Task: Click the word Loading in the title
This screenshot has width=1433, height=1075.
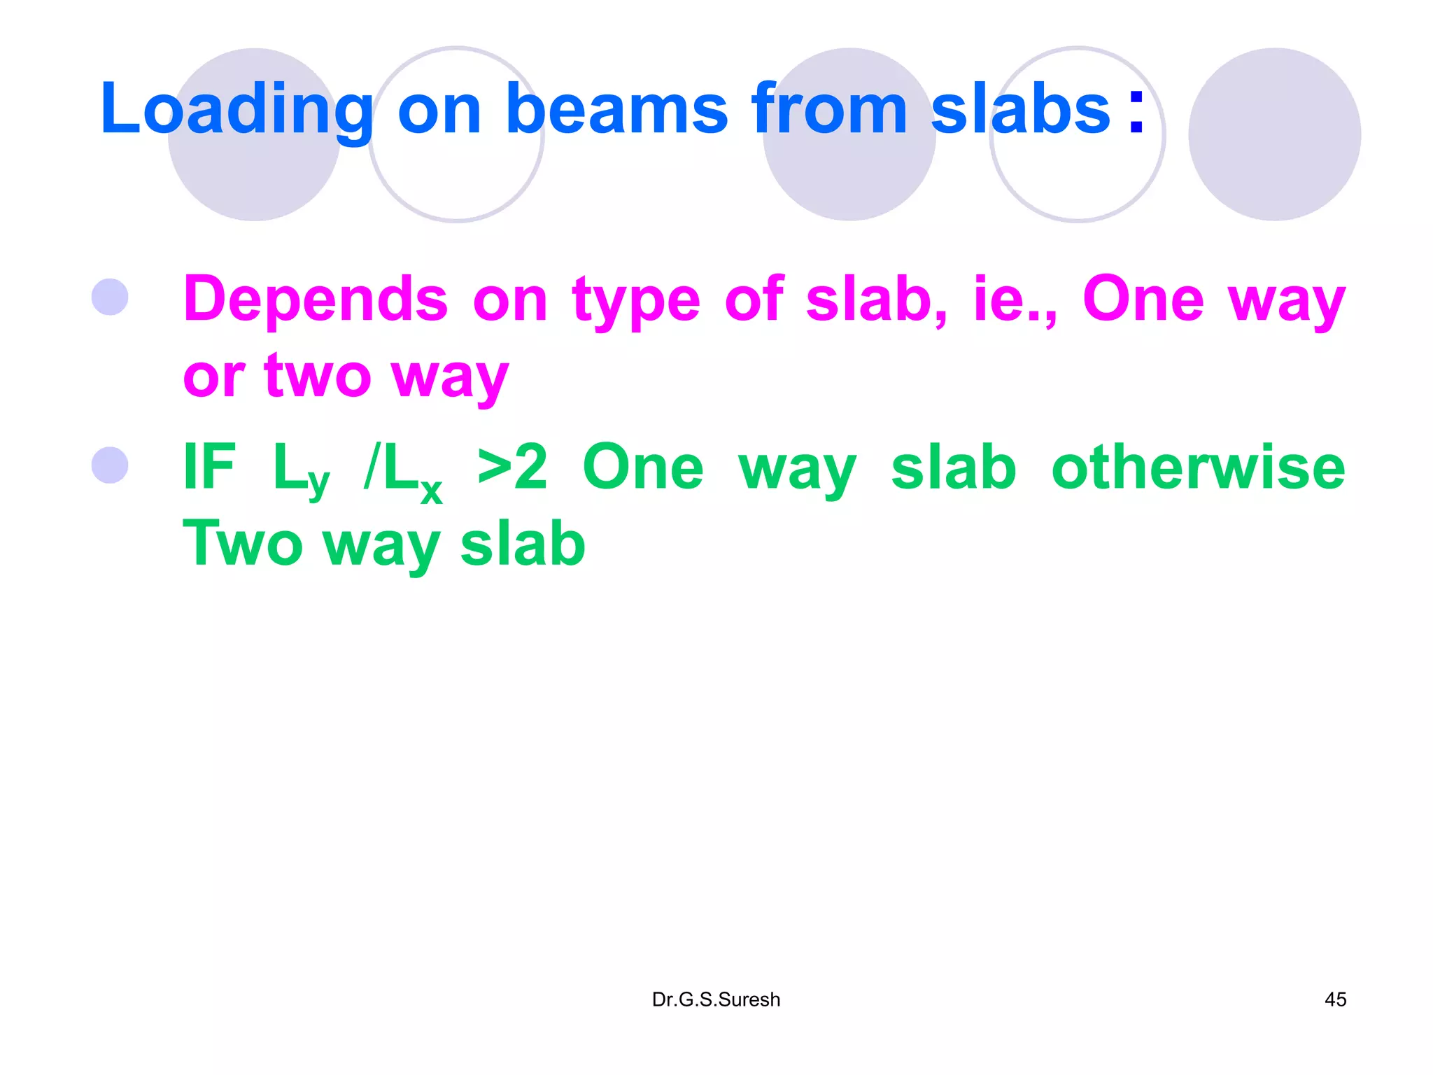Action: (237, 111)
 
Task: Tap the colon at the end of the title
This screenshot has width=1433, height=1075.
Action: (1136, 112)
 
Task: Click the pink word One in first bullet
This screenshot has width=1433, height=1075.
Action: (1143, 300)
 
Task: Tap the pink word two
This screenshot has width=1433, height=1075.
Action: (318, 377)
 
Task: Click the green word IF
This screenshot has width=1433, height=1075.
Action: (209, 468)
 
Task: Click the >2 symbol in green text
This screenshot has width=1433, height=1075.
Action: (512, 468)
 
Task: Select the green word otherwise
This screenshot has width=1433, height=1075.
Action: (1198, 468)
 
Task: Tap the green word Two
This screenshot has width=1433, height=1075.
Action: (242, 544)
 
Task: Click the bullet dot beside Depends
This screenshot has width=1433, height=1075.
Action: (110, 297)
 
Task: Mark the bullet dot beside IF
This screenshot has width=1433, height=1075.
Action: (110, 465)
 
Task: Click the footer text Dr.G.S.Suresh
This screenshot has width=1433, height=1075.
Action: (716, 999)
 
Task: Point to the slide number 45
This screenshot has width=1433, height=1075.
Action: (1335, 999)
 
